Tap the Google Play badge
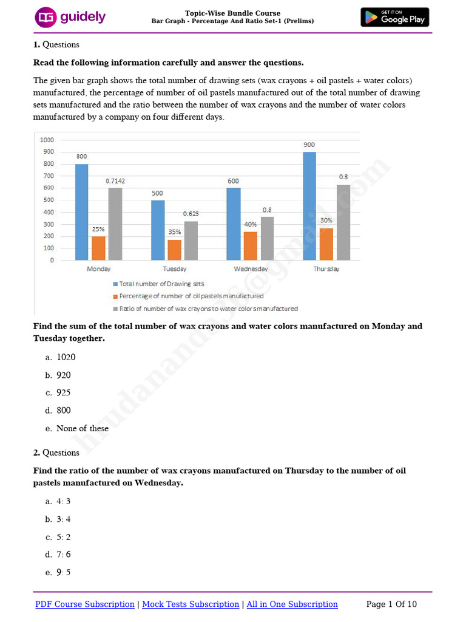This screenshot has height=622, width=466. (394, 17)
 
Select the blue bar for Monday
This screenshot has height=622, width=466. (81, 212)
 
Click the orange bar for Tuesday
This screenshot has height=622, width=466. (174, 250)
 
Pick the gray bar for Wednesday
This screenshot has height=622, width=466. (268, 238)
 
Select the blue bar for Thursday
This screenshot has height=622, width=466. (309, 206)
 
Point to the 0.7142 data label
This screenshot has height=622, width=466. (115, 180)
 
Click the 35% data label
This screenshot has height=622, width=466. (174, 231)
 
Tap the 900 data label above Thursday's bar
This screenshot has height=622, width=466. (309, 145)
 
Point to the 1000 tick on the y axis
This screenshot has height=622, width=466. (47, 140)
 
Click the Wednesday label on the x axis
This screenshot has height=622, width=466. (251, 268)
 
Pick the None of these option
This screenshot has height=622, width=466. (82, 428)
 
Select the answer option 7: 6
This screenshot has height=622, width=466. (63, 554)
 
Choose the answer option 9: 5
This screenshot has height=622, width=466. (63, 572)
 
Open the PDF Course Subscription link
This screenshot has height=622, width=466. (85, 604)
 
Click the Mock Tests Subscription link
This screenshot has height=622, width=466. (191, 604)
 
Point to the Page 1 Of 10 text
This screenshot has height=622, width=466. (392, 604)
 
